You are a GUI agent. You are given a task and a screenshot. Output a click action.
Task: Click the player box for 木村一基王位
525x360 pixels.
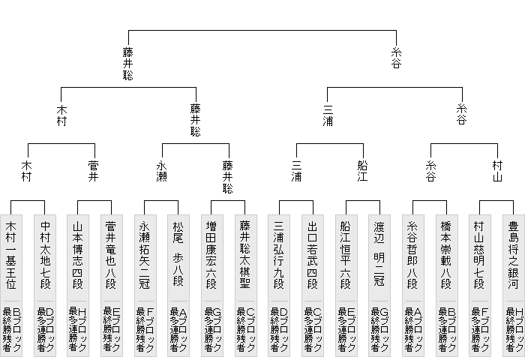pos(11,286)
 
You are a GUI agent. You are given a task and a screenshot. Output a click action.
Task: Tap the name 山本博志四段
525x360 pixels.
pos(77,255)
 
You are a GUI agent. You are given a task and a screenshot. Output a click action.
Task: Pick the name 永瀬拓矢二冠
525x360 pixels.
pos(144,255)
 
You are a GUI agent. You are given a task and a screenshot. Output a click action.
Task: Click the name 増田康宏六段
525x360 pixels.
pos(211,255)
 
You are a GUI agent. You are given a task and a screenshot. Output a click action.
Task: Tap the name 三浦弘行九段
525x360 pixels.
pos(278,255)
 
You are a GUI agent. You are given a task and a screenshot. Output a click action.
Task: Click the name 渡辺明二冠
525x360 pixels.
pos(379,253)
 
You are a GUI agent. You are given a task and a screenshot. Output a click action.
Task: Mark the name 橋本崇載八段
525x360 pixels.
pos(446,255)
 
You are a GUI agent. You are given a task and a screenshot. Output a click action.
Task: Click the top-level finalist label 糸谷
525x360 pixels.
pos(396,58)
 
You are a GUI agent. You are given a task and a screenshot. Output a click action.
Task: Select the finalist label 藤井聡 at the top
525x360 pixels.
pos(128,64)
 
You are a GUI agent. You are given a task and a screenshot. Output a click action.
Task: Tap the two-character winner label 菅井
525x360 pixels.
pos(94,171)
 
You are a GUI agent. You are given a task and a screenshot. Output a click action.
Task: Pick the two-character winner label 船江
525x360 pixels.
pos(362,171)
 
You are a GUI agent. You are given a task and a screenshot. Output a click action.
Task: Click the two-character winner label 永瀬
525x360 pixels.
pos(161,171)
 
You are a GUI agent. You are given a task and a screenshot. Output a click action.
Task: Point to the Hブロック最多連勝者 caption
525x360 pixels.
pos(78,329)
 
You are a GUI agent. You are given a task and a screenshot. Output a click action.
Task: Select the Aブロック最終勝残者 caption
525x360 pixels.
pos(413,329)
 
